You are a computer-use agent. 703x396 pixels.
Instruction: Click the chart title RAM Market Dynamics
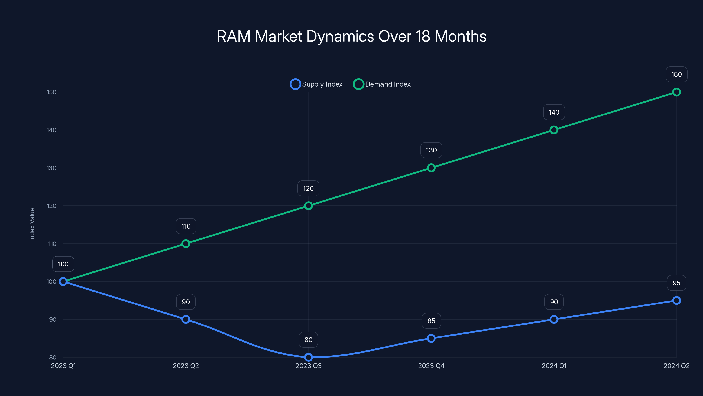351,36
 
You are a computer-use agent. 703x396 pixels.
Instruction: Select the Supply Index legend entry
316,84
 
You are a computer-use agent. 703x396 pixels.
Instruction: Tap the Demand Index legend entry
382,84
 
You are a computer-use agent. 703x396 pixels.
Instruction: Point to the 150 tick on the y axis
52,92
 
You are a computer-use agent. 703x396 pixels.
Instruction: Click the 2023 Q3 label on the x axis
308,366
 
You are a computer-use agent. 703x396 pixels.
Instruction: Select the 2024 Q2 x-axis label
676,366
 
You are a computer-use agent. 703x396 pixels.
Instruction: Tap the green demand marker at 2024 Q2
676,92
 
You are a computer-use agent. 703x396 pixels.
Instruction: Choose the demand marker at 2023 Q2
186,244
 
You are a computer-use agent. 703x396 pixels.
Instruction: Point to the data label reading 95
676,283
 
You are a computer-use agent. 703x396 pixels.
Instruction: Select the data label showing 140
554,112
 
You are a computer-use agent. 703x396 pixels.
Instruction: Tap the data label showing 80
308,340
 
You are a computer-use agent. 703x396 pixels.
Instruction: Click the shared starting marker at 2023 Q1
63,282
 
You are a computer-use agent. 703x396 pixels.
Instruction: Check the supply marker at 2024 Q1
554,319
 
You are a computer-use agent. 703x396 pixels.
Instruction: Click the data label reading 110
186,226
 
